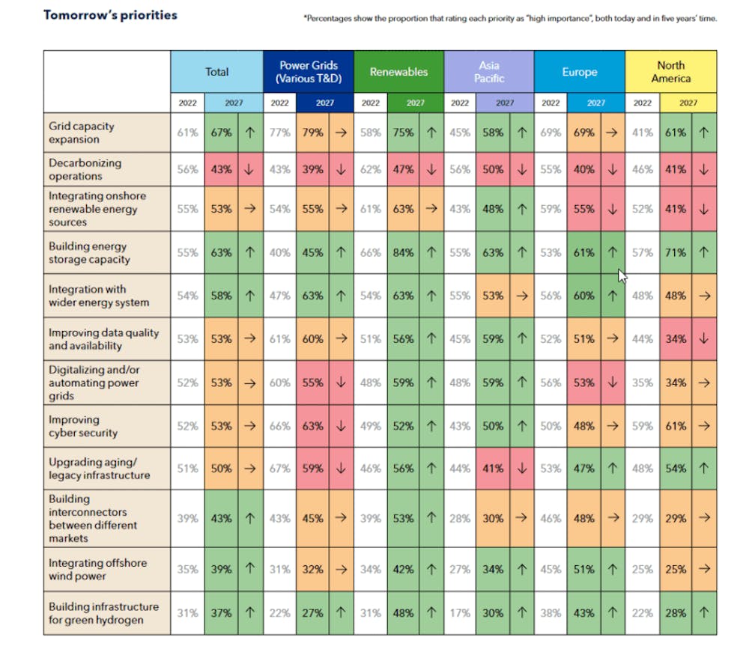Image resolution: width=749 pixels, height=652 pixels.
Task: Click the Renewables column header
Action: (x=398, y=72)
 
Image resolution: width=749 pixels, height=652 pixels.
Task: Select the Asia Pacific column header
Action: (x=489, y=72)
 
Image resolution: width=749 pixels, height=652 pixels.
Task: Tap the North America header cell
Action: (x=670, y=72)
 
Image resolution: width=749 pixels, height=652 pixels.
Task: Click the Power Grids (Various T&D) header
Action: (x=309, y=72)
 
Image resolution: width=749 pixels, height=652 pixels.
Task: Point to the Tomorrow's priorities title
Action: (x=110, y=15)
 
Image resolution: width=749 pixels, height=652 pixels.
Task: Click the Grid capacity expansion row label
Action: (x=81, y=132)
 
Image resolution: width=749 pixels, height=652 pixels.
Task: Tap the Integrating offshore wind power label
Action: (x=97, y=570)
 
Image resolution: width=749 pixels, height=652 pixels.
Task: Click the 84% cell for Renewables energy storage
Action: (x=403, y=252)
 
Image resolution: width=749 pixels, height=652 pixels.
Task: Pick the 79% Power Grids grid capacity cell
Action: (x=312, y=132)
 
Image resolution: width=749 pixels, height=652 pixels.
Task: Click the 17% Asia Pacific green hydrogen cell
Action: (x=460, y=613)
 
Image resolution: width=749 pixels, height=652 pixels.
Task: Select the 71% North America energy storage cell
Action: (x=676, y=252)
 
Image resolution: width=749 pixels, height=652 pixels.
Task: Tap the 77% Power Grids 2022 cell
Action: (x=279, y=132)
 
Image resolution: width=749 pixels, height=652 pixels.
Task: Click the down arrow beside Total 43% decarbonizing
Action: (x=249, y=169)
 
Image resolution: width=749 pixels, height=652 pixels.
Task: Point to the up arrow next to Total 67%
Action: (x=250, y=132)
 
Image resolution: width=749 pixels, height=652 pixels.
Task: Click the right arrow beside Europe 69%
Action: (x=612, y=132)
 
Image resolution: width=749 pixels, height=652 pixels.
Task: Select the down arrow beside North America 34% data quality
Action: (x=703, y=339)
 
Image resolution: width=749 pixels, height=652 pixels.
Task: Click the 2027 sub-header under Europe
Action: (x=595, y=103)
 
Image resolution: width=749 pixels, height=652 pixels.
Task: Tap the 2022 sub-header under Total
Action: (x=187, y=103)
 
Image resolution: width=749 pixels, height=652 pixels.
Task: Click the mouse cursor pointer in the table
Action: (x=622, y=276)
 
